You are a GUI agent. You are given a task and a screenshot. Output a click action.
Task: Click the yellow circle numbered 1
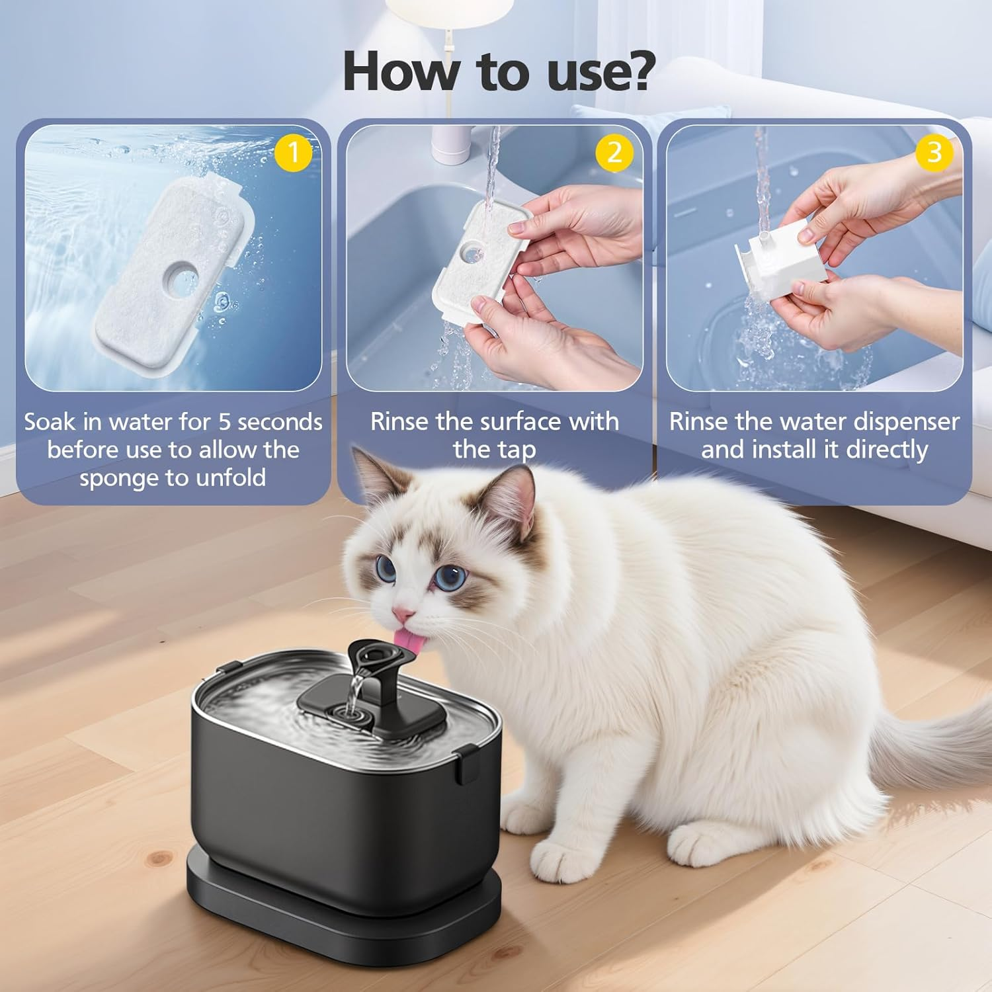(x=293, y=153)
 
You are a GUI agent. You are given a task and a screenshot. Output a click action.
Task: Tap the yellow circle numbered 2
(x=614, y=153)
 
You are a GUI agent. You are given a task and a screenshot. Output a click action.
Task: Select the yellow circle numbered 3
(x=934, y=152)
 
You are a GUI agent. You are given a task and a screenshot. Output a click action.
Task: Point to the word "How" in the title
(x=400, y=71)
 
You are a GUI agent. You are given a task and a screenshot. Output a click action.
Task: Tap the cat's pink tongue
(x=404, y=638)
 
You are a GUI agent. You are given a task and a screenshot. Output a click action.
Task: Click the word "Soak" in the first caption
(x=50, y=421)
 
